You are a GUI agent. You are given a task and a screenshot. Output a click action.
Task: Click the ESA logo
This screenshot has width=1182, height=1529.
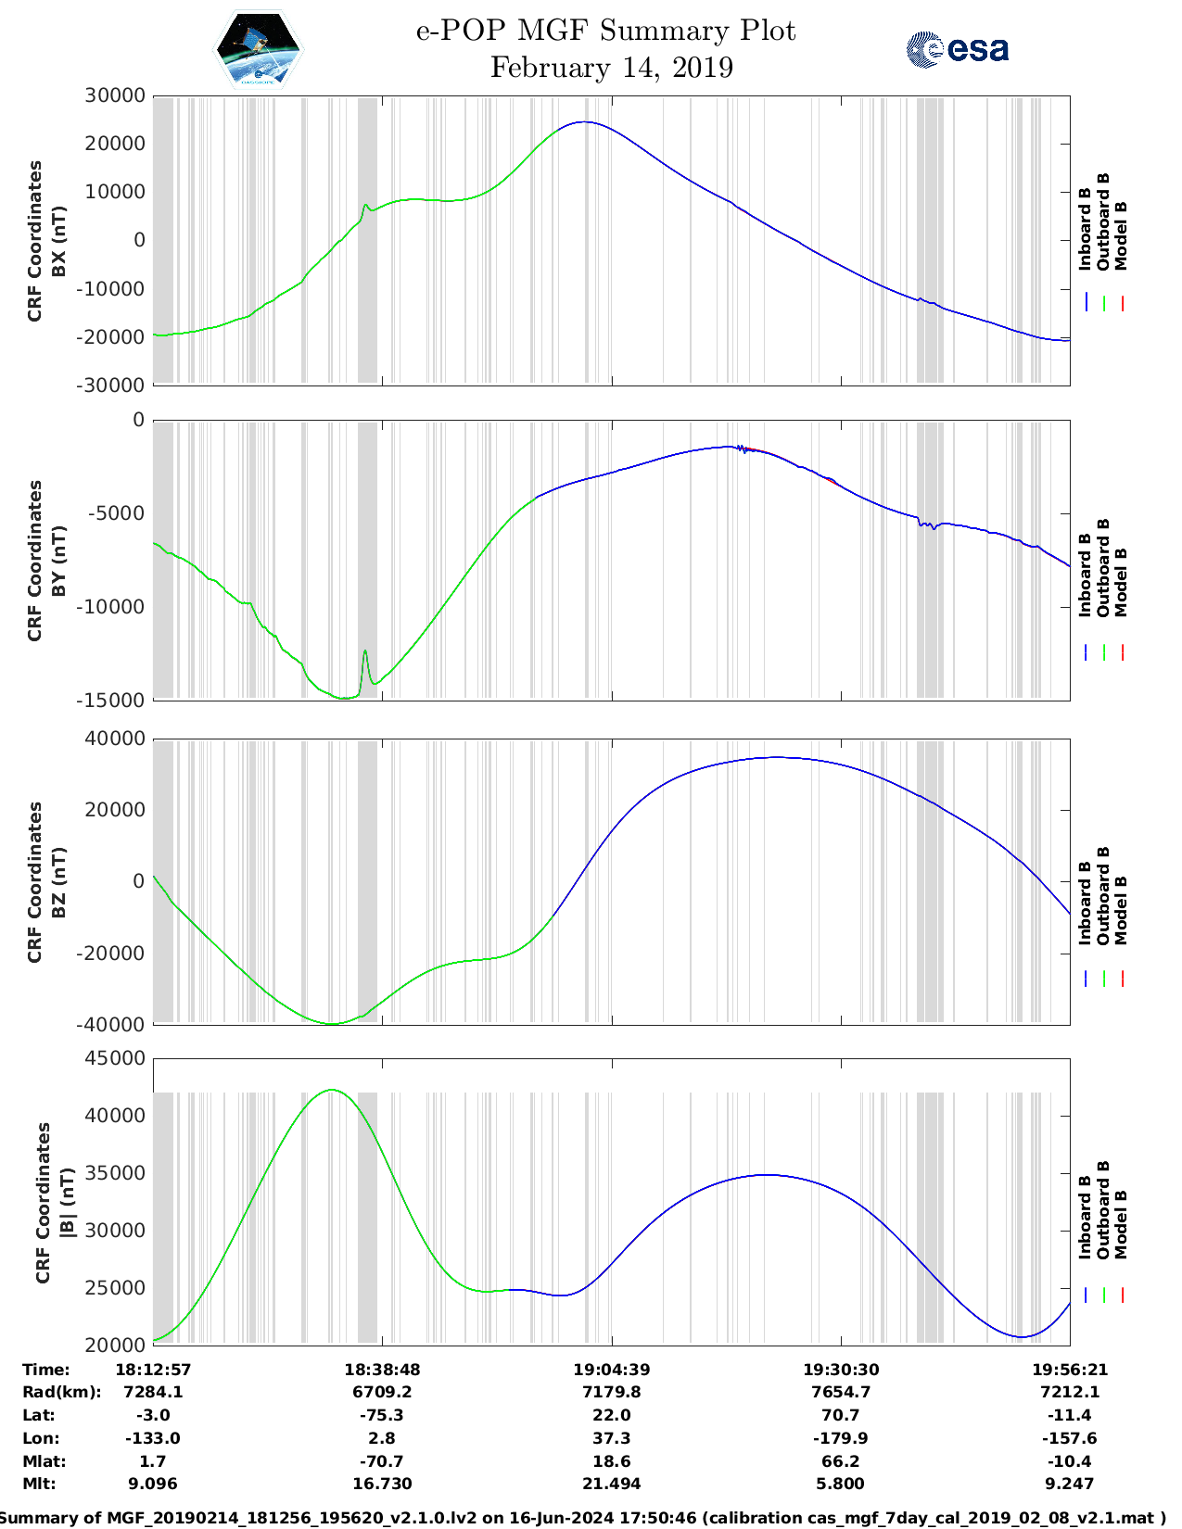pyautogui.click(x=957, y=49)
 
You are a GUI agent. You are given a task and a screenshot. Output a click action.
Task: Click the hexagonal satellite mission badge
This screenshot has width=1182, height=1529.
pyautogui.click(x=258, y=49)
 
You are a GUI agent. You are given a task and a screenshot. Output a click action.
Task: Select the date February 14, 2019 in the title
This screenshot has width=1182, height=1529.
pyautogui.click(x=611, y=68)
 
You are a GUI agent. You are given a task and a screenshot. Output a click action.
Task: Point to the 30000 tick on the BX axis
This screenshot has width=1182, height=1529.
pyautogui.click(x=115, y=95)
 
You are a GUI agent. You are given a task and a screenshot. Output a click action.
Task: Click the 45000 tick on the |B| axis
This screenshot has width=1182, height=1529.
pyautogui.click(x=115, y=1058)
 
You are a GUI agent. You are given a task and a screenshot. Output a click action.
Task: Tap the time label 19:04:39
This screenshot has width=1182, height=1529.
pyautogui.click(x=611, y=1370)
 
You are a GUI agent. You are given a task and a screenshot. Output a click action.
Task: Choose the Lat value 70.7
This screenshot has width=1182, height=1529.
pyautogui.click(x=841, y=1415)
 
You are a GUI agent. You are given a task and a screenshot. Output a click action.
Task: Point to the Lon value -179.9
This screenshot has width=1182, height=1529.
pyautogui.click(x=841, y=1438)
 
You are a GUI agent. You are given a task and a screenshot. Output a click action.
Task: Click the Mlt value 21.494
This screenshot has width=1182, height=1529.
pyautogui.click(x=611, y=1484)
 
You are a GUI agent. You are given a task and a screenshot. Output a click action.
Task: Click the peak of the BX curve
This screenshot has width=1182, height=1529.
pyautogui.click(x=583, y=122)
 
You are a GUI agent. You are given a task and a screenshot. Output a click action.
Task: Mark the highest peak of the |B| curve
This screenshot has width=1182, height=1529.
pyautogui.click(x=332, y=1091)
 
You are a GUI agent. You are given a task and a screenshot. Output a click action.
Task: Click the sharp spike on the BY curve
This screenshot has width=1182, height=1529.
pyautogui.click(x=365, y=651)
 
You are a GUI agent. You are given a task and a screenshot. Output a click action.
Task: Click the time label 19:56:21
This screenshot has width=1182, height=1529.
pyautogui.click(x=1070, y=1370)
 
